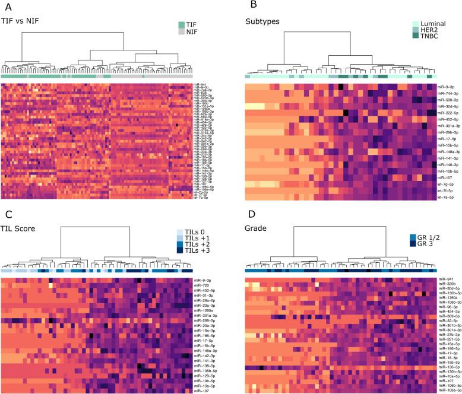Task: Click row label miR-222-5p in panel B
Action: coord(447,113)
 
